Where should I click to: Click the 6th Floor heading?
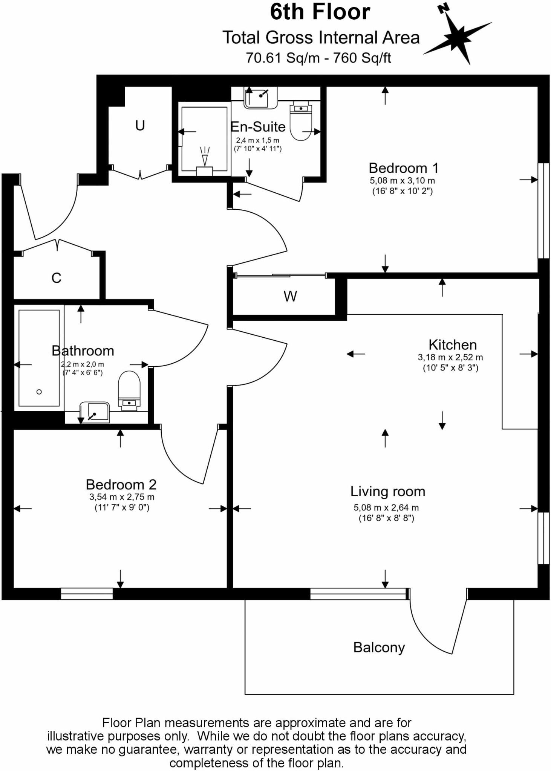[x=320, y=12]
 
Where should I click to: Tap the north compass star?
[x=457, y=37]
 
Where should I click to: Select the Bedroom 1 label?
[x=403, y=168]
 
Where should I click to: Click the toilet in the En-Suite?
[x=301, y=121]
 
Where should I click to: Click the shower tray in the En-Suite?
[x=204, y=139]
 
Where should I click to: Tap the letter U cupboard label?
[x=140, y=125]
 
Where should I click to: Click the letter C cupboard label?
[x=56, y=278]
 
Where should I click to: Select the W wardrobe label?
[x=290, y=297]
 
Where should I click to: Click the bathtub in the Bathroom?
[x=39, y=358]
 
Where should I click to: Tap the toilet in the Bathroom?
[x=129, y=390]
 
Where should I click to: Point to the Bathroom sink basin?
[x=95, y=412]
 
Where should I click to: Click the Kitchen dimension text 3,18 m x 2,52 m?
[x=450, y=357]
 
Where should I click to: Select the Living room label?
[x=387, y=491]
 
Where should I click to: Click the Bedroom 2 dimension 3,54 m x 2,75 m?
[x=122, y=497]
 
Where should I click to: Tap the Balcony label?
[x=379, y=647]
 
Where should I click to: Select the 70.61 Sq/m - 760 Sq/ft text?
[x=318, y=58]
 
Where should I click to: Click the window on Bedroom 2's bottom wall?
[x=87, y=594]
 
